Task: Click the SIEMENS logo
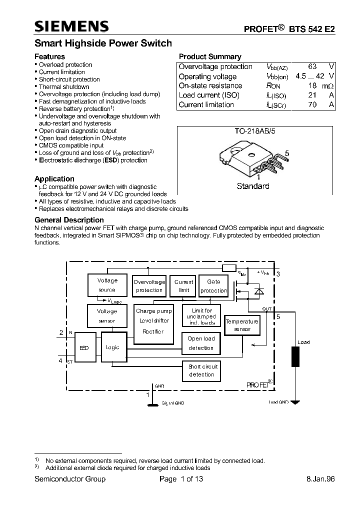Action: tap(71, 26)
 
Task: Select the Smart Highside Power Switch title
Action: tap(103, 43)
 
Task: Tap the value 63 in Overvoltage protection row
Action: tap(312, 66)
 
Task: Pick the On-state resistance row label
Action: tap(210, 85)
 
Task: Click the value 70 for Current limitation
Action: tap(312, 104)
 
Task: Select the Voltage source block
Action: tap(107, 285)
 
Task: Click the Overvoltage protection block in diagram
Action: tap(149, 286)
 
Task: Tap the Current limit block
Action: tap(183, 286)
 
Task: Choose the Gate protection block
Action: tap(213, 286)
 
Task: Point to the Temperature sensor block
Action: tap(242, 325)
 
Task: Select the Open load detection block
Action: tap(201, 343)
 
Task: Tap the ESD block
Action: tap(84, 347)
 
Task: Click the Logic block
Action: tap(112, 347)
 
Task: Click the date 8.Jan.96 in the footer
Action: tap(320, 479)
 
